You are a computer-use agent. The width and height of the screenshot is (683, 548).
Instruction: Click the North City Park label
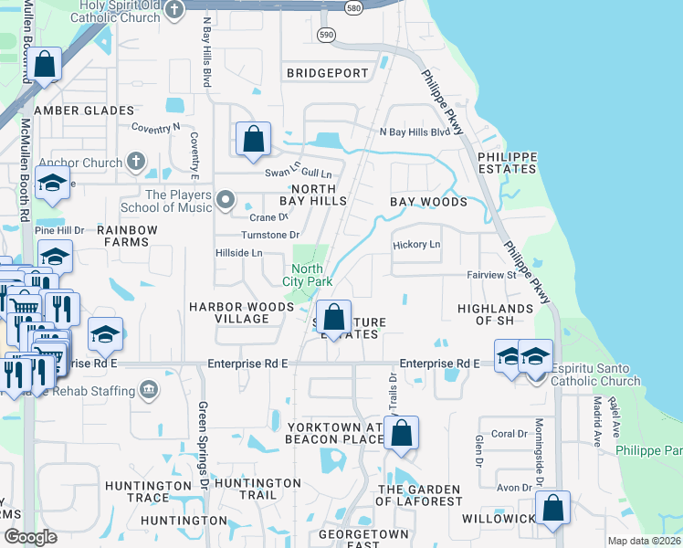(307, 275)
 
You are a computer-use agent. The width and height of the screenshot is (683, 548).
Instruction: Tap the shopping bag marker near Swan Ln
(254, 141)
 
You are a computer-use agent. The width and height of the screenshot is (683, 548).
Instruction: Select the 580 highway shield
(353, 7)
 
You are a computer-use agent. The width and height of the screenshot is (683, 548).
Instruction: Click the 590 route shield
(327, 34)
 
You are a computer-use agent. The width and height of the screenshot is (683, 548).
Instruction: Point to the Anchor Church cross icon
(135, 163)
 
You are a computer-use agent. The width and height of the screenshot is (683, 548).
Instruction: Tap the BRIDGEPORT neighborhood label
(327, 72)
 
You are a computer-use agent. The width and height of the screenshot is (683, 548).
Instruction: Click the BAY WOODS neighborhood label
(428, 201)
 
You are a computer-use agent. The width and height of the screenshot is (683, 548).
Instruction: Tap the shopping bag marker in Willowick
(552, 509)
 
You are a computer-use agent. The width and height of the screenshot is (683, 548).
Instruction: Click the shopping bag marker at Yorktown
(401, 435)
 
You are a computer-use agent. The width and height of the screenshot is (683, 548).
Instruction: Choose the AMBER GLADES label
(84, 111)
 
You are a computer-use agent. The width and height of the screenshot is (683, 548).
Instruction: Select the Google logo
(31, 537)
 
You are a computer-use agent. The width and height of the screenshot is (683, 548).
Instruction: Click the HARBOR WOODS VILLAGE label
(229, 312)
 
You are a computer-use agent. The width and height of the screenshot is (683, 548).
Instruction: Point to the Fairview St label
(492, 274)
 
